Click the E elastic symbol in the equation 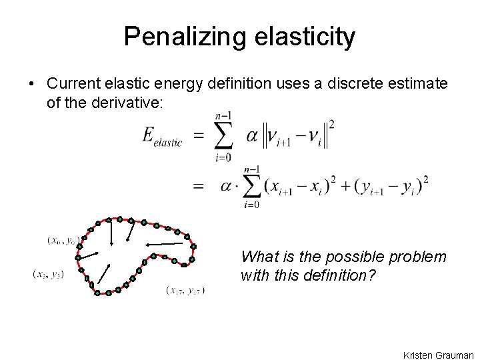(162, 137)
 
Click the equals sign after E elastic (199, 136)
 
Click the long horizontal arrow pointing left (164, 245)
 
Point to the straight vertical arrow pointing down (111, 233)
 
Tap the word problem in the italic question (417, 257)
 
